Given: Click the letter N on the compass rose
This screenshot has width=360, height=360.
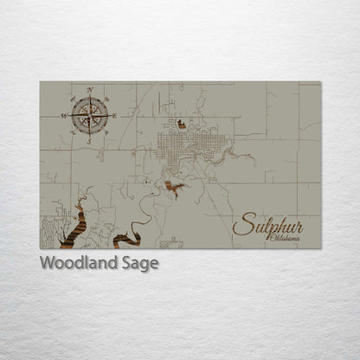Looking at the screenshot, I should pos(89,89).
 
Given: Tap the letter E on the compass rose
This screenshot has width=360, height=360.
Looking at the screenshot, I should pos(113,114).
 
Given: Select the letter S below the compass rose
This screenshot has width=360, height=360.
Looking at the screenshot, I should pos(88,140).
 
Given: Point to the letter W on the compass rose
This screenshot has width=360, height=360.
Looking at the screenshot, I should pos(64,115).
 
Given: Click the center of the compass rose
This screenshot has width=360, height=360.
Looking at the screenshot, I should pos(89,114).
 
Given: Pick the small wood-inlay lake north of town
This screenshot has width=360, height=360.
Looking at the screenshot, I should pos(182,125).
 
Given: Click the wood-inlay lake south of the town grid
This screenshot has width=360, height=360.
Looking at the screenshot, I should pos(176,185).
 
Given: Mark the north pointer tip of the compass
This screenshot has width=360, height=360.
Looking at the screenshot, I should pos(89,96).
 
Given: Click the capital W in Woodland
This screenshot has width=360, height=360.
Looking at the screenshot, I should pos(47,263).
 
